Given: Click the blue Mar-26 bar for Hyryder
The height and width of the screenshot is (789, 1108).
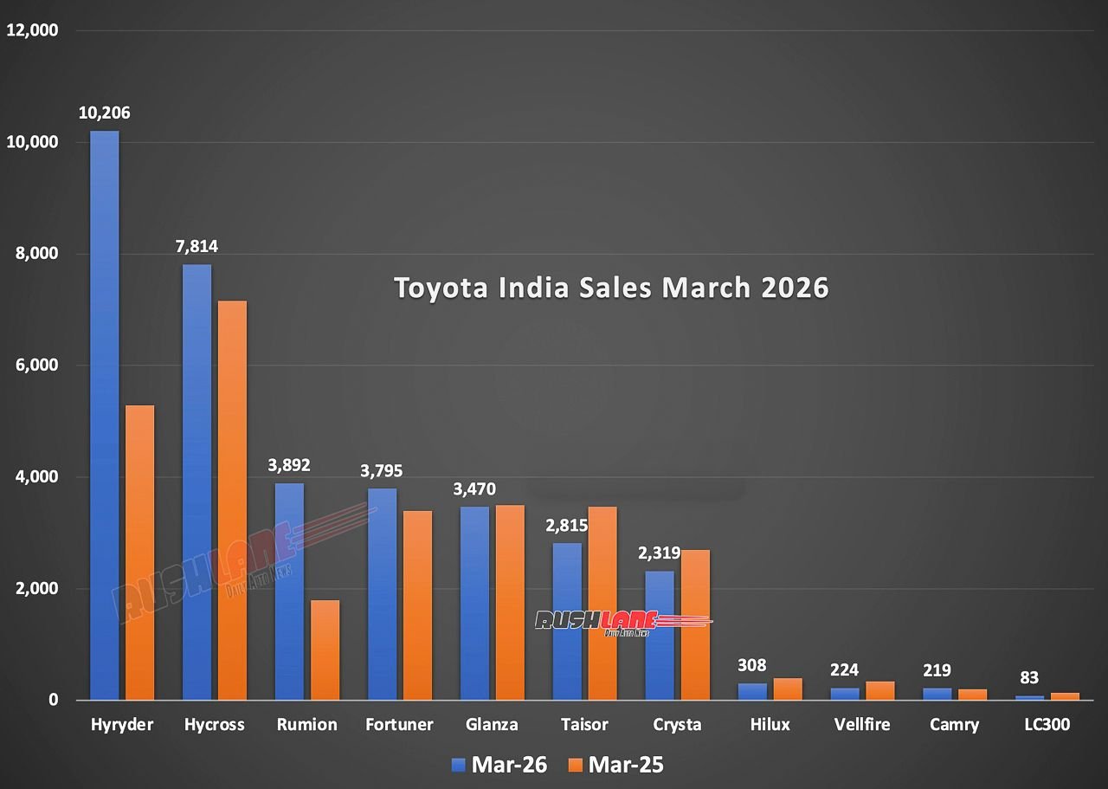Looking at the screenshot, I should [105, 416].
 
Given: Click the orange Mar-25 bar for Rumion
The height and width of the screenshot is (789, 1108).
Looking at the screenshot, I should [325, 650].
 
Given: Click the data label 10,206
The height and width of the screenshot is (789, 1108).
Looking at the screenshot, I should [104, 113].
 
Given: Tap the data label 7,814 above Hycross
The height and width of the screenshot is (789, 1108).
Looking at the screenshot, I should [196, 247].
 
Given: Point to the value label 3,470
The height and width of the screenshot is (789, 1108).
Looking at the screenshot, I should [474, 489].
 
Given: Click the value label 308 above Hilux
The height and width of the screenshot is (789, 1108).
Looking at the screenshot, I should [752, 665].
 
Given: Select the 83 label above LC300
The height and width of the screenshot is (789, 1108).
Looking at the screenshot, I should [1029, 677].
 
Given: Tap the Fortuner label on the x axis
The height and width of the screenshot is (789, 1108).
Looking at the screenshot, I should [400, 725].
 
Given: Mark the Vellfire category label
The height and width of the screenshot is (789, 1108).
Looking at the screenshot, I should [862, 725].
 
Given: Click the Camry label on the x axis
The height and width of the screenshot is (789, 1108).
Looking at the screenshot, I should [955, 725].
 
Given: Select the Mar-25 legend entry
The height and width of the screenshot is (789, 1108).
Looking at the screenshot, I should [616, 765].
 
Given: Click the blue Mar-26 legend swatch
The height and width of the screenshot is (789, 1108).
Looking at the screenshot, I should [459, 765].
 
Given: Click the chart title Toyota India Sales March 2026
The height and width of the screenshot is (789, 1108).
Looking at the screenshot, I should [611, 288].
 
